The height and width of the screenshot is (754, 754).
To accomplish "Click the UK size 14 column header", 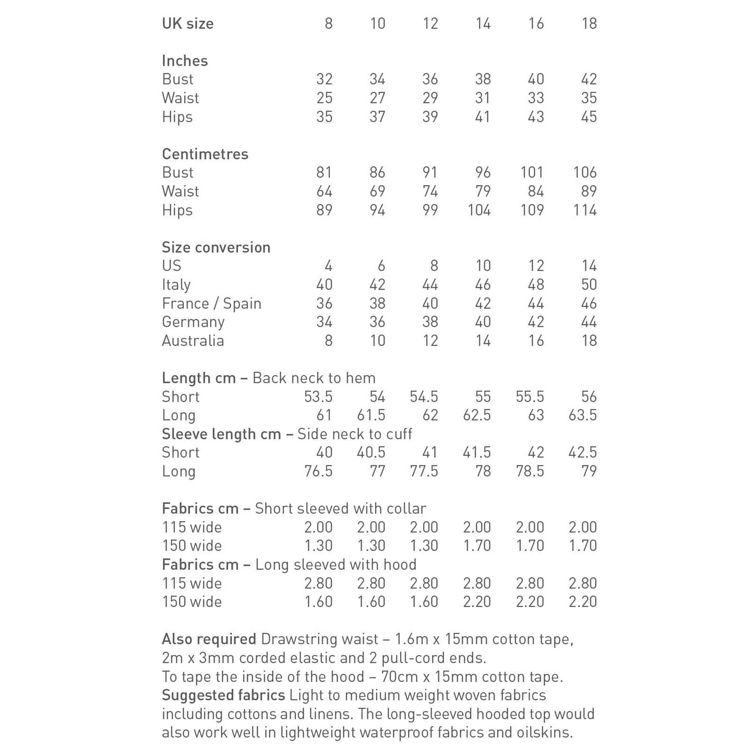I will click(483, 23).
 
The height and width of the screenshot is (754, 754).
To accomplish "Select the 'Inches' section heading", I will click(185, 61).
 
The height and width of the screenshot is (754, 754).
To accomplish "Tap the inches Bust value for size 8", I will click(324, 79).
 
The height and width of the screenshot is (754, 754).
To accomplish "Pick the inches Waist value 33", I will click(535, 98).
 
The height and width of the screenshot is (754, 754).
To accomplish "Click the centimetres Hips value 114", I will click(584, 210).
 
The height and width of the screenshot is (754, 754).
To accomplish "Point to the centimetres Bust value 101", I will click(532, 173).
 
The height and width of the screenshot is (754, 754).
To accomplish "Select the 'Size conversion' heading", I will click(216, 247).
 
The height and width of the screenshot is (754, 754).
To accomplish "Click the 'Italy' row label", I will click(176, 285).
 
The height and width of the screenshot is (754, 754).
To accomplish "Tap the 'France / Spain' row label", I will click(211, 304).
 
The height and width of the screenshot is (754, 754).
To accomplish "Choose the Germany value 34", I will click(324, 322).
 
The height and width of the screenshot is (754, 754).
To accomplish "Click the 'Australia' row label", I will click(193, 341).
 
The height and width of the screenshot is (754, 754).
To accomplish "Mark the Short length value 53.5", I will click(318, 397).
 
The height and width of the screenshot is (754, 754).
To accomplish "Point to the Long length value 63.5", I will click(582, 415).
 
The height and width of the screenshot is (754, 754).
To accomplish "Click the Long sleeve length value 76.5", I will click(318, 471).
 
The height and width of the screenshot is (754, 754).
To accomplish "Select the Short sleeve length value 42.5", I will click(582, 452).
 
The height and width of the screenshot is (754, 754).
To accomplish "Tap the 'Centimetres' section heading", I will click(205, 154).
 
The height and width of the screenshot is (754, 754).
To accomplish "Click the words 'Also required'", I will click(209, 639).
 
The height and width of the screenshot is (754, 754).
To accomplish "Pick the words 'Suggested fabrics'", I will click(223, 696).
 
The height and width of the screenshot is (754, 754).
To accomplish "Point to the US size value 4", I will click(328, 266).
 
